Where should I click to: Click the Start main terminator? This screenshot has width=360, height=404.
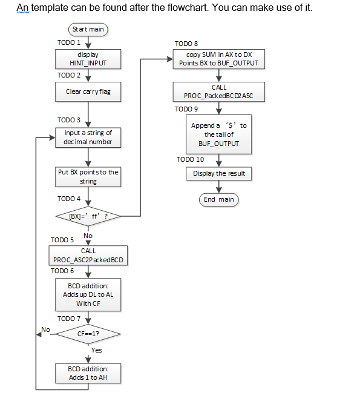click(x=88, y=29)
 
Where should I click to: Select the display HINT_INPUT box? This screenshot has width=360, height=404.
click(x=88, y=59)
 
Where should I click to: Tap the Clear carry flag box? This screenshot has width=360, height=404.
click(x=88, y=92)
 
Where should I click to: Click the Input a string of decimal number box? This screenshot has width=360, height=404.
click(x=88, y=137)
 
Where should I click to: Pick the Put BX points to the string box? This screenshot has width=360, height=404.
click(x=88, y=177)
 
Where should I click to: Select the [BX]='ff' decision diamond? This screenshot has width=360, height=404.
click(x=88, y=215)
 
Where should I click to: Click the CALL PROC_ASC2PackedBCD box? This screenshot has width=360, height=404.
click(x=88, y=255)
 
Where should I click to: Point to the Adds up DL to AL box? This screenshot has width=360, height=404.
click(x=88, y=294)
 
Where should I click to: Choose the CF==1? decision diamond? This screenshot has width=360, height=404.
click(x=88, y=334)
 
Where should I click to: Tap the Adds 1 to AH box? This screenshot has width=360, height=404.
click(x=88, y=373)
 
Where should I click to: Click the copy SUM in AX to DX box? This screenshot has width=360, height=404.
click(x=219, y=59)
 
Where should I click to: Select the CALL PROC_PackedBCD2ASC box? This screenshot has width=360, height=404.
click(x=219, y=92)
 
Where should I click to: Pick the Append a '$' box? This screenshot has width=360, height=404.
click(x=219, y=134)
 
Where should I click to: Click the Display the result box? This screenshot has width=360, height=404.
click(x=219, y=173)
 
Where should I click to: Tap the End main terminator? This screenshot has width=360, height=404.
click(x=219, y=199)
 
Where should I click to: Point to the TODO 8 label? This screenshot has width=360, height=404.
click(x=186, y=44)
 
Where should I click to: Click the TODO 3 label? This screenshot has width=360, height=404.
click(x=69, y=120)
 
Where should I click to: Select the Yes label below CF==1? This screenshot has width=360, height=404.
click(x=97, y=350)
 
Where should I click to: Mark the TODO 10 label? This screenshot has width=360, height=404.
click(x=190, y=159)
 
